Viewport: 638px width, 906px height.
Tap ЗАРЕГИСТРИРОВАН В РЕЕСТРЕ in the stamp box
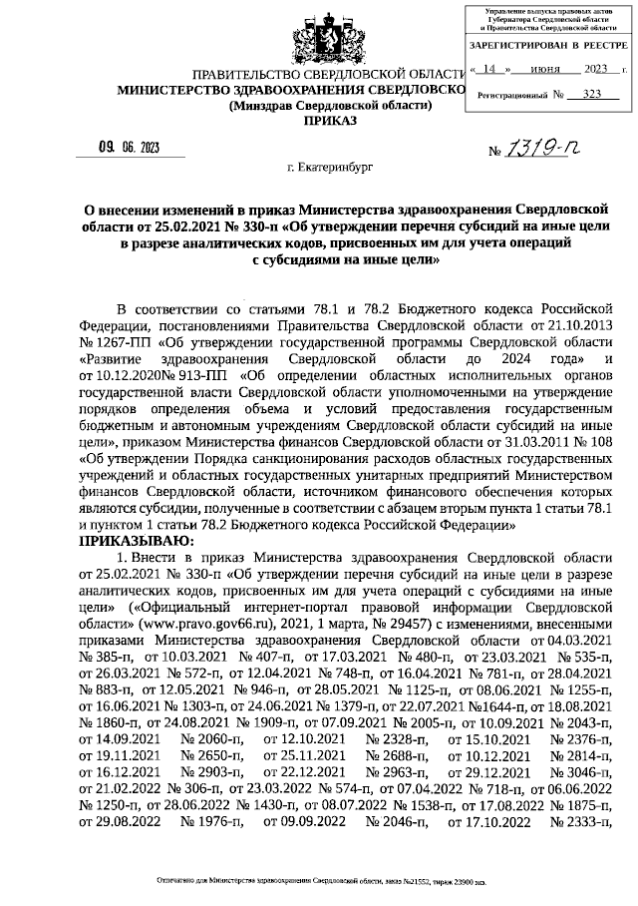click(x=548, y=47)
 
